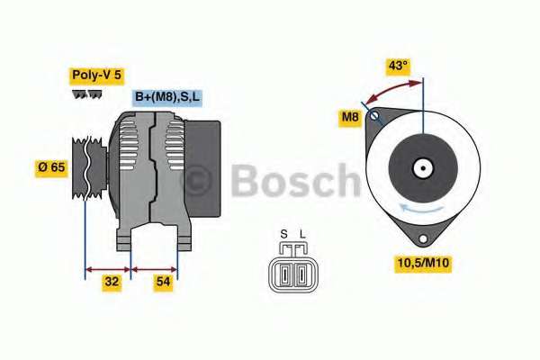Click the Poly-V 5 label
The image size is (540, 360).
tap(97, 76)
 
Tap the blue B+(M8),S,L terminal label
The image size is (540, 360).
tap(167, 97)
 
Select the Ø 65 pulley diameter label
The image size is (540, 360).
tap(51, 167)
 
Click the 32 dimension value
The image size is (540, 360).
tap(112, 282)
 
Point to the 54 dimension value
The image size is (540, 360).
tap(163, 282)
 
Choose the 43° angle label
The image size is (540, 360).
tap(398, 66)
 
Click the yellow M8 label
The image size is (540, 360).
tap(350, 117)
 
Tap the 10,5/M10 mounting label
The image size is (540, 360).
tap(423, 263)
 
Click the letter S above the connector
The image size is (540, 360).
tap(283, 234)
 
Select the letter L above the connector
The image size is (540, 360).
tap(302, 234)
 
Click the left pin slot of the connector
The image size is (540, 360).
tap(284, 274)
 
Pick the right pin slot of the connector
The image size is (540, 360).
tap(301, 274)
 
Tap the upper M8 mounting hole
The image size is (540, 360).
tap(374, 115)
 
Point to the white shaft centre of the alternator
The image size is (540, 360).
tap(423, 168)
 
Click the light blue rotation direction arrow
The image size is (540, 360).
tap(421, 208)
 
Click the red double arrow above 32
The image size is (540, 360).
tap(108, 269)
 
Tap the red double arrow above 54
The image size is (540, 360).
tap(154, 269)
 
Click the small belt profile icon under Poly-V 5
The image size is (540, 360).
tap(87, 94)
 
